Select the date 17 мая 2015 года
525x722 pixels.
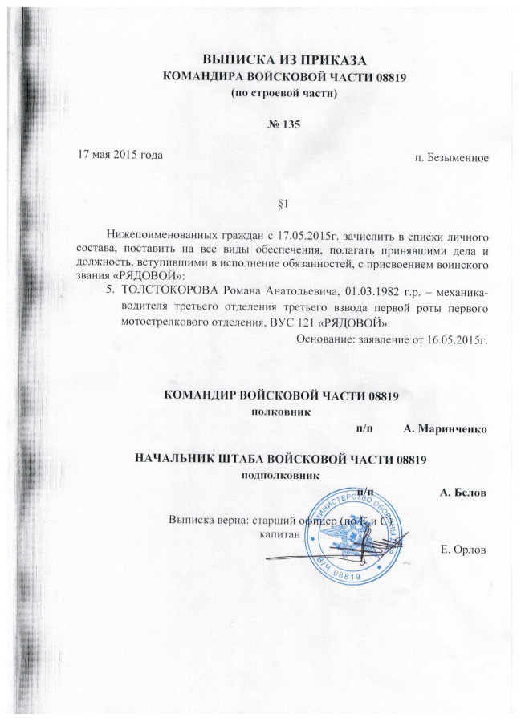[120, 152]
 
